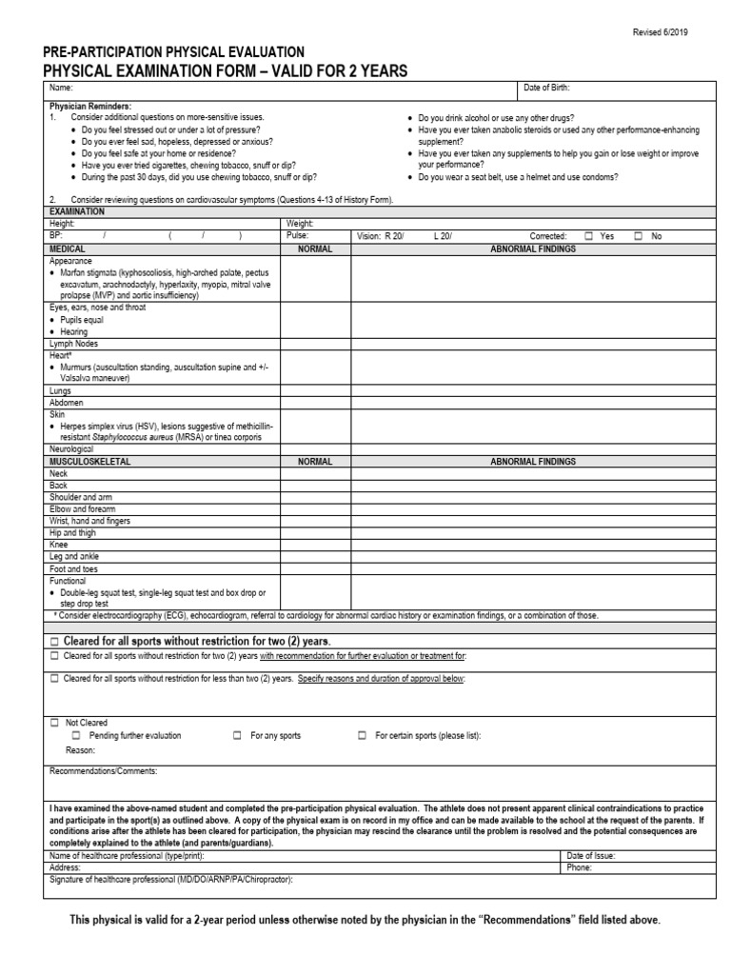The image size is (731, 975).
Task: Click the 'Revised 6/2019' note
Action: click(x=661, y=32)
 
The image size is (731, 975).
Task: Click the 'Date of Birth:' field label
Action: click(x=547, y=89)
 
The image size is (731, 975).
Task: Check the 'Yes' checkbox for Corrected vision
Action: click(x=589, y=235)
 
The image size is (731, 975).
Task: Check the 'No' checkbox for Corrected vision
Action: click(x=639, y=235)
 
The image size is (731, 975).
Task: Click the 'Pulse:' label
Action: click(x=298, y=235)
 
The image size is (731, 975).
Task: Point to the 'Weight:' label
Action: click(x=300, y=224)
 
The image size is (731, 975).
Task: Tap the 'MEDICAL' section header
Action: click(x=68, y=247)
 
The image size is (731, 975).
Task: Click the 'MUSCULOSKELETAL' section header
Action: click(x=89, y=461)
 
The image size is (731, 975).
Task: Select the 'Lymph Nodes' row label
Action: click(x=73, y=343)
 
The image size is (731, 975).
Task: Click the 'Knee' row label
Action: click(x=58, y=545)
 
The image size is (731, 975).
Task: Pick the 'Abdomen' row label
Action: click(x=66, y=402)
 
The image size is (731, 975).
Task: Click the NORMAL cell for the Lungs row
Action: click(x=314, y=390)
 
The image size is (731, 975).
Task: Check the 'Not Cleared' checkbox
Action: click(x=54, y=724)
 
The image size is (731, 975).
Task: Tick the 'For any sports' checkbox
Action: click(x=237, y=736)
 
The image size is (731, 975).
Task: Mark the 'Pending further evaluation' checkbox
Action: click(x=76, y=736)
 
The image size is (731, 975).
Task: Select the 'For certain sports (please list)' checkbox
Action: click(x=362, y=736)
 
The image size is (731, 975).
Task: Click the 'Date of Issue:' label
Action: click(x=590, y=856)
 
